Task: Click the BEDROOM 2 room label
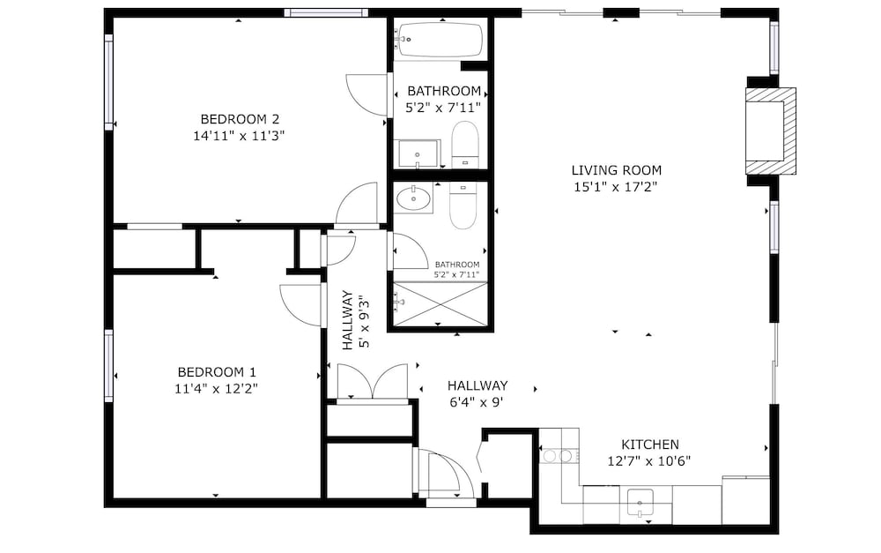coord(240,119)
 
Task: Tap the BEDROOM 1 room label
coord(217,372)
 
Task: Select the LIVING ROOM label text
coord(617,170)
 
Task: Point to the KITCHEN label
coord(650,444)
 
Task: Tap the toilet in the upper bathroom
coord(464,144)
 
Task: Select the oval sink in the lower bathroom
coord(413,198)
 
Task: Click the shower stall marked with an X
coord(440,303)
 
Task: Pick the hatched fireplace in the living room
coord(770,131)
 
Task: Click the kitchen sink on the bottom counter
coord(640,503)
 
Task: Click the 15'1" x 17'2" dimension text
coord(615,187)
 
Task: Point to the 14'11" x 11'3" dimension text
coord(240,136)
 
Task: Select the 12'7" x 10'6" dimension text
coord(649,461)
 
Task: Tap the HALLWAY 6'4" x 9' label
coord(478,393)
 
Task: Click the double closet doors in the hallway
coord(373,382)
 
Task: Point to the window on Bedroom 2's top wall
coord(326,12)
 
